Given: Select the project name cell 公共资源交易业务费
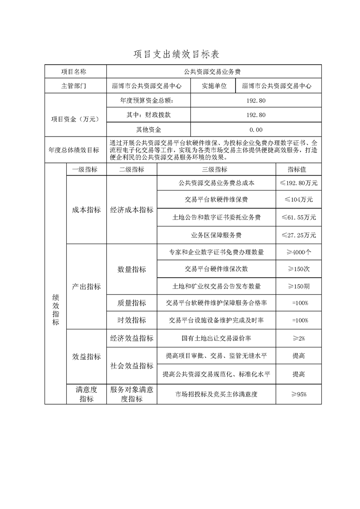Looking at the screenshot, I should coord(213,72).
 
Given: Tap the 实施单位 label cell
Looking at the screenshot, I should coord(213,86).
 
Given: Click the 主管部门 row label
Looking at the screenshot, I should coord(75,86).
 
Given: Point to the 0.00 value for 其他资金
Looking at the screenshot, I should coord(256,130).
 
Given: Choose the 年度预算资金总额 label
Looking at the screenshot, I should coord(147,100).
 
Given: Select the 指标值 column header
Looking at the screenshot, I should coord(298,170).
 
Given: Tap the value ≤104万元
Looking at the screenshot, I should coord(298,199).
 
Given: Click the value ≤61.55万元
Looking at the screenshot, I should coord(298,217).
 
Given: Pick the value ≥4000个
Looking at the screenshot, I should coord(298,252).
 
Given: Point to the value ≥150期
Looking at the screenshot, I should coord(298,286).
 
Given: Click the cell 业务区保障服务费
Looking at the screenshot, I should coord(216,235).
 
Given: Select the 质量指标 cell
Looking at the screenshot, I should coord(132,303).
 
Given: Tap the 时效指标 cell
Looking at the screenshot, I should coord(132,320).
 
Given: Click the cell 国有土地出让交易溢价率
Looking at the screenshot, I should coord(216,338).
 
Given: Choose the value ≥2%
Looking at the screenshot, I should coord(298,338).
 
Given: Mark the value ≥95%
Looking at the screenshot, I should coord(298,394).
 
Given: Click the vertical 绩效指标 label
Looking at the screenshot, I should coord(56,308).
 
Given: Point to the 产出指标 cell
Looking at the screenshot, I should coord(86,287).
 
